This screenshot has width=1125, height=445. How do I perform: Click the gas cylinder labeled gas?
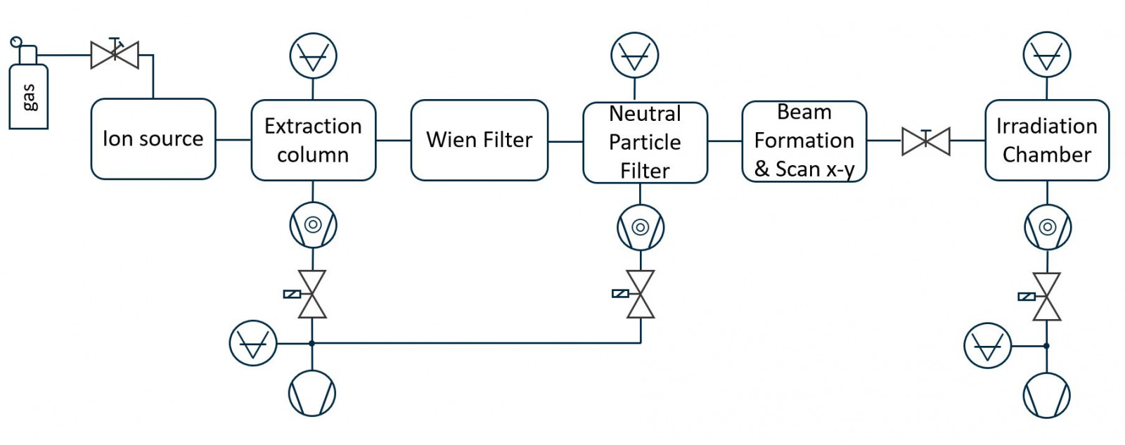tap(28, 96)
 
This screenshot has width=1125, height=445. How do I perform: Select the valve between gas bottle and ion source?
tap(115, 55)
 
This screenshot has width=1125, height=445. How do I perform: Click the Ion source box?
tap(153, 139)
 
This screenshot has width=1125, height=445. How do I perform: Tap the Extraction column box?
tap(313, 140)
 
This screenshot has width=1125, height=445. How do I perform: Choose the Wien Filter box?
tap(479, 140)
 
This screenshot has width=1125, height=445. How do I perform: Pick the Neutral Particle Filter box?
tap(645, 142)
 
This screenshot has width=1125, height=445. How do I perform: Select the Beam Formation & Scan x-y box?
tap(804, 141)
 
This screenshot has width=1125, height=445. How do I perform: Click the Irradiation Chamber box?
tap(1046, 140)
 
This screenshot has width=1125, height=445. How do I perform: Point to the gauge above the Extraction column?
tap(313, 56)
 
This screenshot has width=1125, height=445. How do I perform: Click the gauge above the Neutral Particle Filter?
tap(634, 56)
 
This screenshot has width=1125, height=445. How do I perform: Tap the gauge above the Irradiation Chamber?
tap(1046, 55)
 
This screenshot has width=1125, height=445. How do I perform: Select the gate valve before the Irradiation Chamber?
tap(925, 141)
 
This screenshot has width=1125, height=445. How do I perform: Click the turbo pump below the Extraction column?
tap(313, 225)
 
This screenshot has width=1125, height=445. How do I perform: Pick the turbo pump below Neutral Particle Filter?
tap(640, 227)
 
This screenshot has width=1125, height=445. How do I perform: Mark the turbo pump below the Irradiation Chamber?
tap(1047, 227)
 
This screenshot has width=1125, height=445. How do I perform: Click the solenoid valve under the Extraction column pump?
tap(311, 294)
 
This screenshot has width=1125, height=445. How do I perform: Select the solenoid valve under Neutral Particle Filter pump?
tap(640, 294)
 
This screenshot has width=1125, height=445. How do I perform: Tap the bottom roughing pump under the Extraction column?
tap(311, 394)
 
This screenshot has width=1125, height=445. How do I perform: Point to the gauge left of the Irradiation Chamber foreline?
tap(987, 346)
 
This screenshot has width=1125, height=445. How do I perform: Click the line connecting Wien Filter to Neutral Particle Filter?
tap(565, 141)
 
